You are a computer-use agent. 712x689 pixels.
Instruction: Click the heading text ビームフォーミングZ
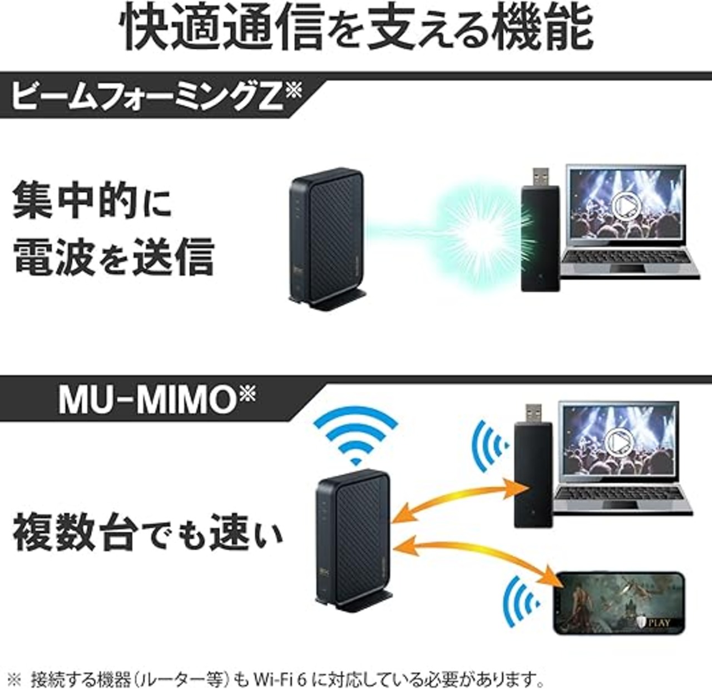click(148, 96)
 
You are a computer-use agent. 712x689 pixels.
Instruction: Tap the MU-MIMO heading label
click(148, 400)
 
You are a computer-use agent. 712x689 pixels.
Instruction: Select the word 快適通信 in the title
click(222, 28)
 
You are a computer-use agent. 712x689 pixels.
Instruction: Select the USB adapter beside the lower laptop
click(532, 465)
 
